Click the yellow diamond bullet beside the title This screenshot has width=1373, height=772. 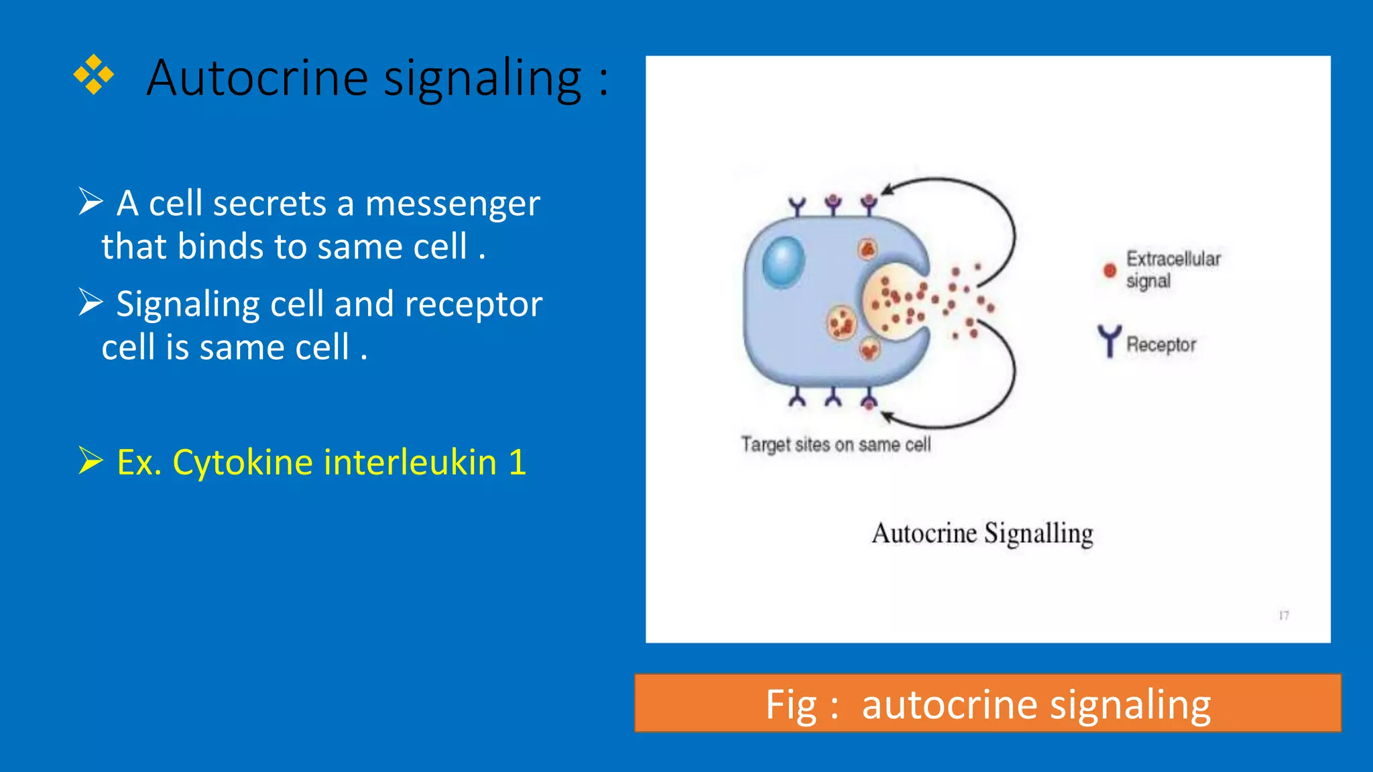click(x=93, y=74)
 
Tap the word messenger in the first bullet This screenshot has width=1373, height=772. click(x=453, y=204)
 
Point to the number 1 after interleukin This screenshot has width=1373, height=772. click(x=517, y=462)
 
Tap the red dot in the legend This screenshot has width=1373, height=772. click(x=1110, y=270)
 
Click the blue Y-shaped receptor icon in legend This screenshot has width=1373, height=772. click(x=1109, y=341)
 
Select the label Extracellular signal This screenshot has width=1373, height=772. click(x=1173, y=269)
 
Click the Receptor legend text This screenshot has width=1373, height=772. click(x=1160, y=344)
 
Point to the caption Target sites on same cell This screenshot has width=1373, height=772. click(x=835, y=444)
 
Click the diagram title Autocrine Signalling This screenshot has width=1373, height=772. click(x=982, y=533)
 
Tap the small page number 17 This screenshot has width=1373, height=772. click(x=1283, y=615)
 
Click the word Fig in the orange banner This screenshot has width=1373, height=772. click(x=791, y=705)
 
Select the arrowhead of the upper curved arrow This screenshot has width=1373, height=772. click(x=886, y=190)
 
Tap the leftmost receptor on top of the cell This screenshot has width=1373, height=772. click(x=796, y=206)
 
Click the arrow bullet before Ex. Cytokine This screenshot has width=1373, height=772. click(x=91, y=460)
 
